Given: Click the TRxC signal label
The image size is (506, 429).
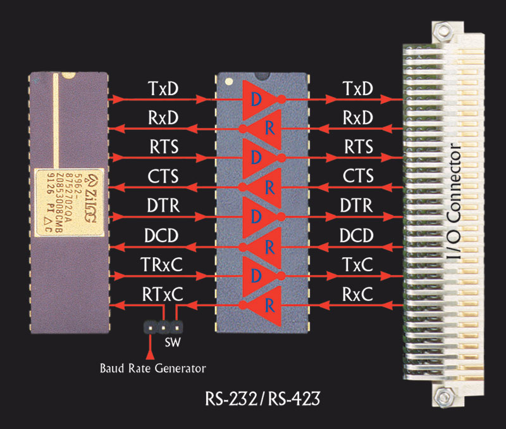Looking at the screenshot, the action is tap(161, 264).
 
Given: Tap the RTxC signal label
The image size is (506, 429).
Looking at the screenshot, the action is tap(163, 294).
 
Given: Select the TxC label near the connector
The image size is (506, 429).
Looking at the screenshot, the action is tap(357, 264).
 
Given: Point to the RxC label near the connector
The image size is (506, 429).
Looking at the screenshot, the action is tap(357, 294).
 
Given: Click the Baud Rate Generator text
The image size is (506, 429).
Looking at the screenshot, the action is tap(152, 368).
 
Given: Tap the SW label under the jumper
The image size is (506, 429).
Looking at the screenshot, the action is tap(173, 342).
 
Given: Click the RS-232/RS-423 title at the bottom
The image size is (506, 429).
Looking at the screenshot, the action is tap(262, 399).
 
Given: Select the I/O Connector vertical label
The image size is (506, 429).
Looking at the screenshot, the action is tap(454, 200).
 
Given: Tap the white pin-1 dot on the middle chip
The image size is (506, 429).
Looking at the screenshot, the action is tap(229, 82).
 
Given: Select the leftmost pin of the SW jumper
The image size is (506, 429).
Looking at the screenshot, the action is tap(151, 328).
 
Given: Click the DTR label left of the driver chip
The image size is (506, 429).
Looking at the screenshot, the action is tap(163, 205).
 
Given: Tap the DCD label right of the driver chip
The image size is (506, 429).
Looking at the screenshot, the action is tap(357, 235).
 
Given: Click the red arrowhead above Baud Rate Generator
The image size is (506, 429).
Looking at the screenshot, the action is tap(150, 355).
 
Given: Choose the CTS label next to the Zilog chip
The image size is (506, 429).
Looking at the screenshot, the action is tap(163, 176).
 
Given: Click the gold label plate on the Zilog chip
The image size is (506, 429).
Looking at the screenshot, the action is tap(70, 202).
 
